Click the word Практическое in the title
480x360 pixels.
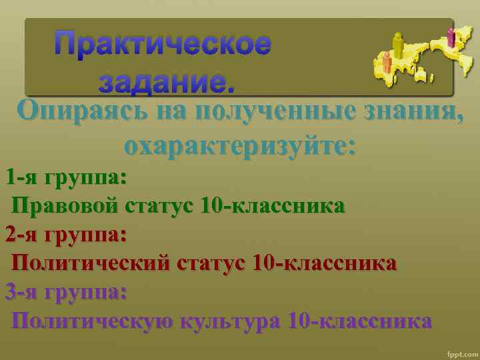coord(163,45)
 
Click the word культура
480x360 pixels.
coord(231,321)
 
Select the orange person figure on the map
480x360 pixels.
coord(387,63)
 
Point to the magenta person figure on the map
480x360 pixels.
coord(451,36)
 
